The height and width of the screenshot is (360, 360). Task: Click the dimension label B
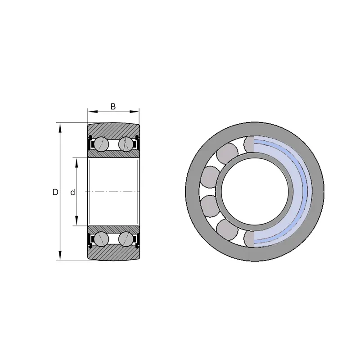pyautogui.click(x=113, y=107)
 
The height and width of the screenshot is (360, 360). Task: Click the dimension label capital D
pyautogui.click(x=55, y=192)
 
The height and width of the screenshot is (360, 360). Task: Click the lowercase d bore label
pyautogui.click(x=72, y=192)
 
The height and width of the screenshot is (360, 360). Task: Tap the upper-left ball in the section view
pyautogui.click(x=102, y=144)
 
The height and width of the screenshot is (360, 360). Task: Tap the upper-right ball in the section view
pyautogui.click(x=126, y=144)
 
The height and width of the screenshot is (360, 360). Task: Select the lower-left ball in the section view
pyautogui.click(x=102, y=239)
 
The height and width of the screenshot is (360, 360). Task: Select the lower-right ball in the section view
pyautogui.click(x=126, y=239)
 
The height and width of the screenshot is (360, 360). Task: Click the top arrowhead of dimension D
pyautogui.click(x=60, y=128)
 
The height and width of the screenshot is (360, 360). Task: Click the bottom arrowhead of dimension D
pyautogui.click(x=60, y=256)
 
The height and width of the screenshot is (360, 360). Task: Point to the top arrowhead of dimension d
pyautogui.click(x=76, y=162)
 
